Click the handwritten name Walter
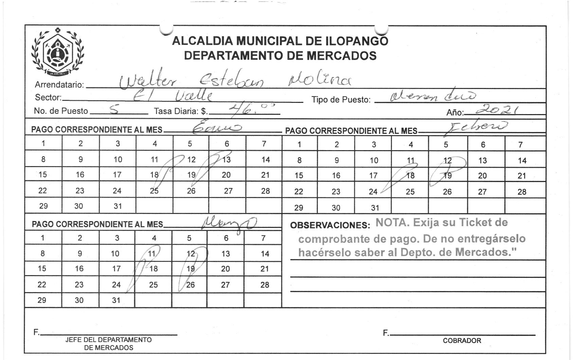[x=148, y=81]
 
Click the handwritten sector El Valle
[x=173, y=96]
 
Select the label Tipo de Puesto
[x=341, y=100]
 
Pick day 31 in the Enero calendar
[x=118, y=206]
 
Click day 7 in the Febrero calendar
[x=520, y=145]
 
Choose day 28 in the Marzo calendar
[x=265, y=285]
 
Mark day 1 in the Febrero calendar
[x=299, y=145]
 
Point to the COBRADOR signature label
[x=462, y=341]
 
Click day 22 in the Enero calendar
[x=42, y=191]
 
